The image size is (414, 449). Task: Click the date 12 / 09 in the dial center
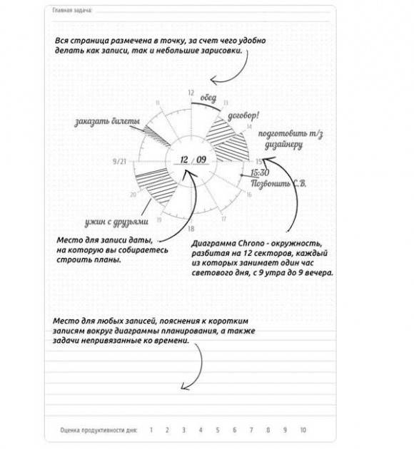[x=193, y=160]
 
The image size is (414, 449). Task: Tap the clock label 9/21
[x=120, y=162]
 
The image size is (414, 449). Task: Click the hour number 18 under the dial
[x=191, y=229]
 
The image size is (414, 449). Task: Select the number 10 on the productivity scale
[x=303, y=430]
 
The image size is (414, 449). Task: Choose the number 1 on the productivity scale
[x=151, y=430]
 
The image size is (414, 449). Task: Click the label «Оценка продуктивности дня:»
[x=99, y=430]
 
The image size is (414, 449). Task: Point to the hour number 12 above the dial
[x=191, y=93]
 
